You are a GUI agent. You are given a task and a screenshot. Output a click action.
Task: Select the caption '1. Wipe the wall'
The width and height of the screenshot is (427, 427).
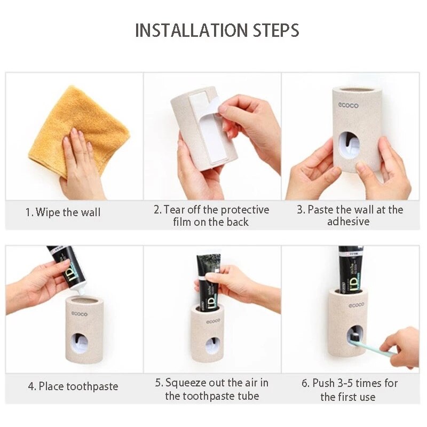(x=63, y=212)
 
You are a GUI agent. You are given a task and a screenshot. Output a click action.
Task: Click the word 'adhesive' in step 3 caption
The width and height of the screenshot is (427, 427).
(x=348, y=222)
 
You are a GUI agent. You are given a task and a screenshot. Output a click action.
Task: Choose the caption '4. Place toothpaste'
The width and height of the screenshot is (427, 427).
(x=73, y=386)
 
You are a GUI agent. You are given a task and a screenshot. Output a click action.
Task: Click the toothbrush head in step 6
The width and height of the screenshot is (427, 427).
(x=355, y=336)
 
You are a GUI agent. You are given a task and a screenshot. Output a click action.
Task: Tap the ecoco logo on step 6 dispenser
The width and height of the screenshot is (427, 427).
(x=356, y=305)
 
